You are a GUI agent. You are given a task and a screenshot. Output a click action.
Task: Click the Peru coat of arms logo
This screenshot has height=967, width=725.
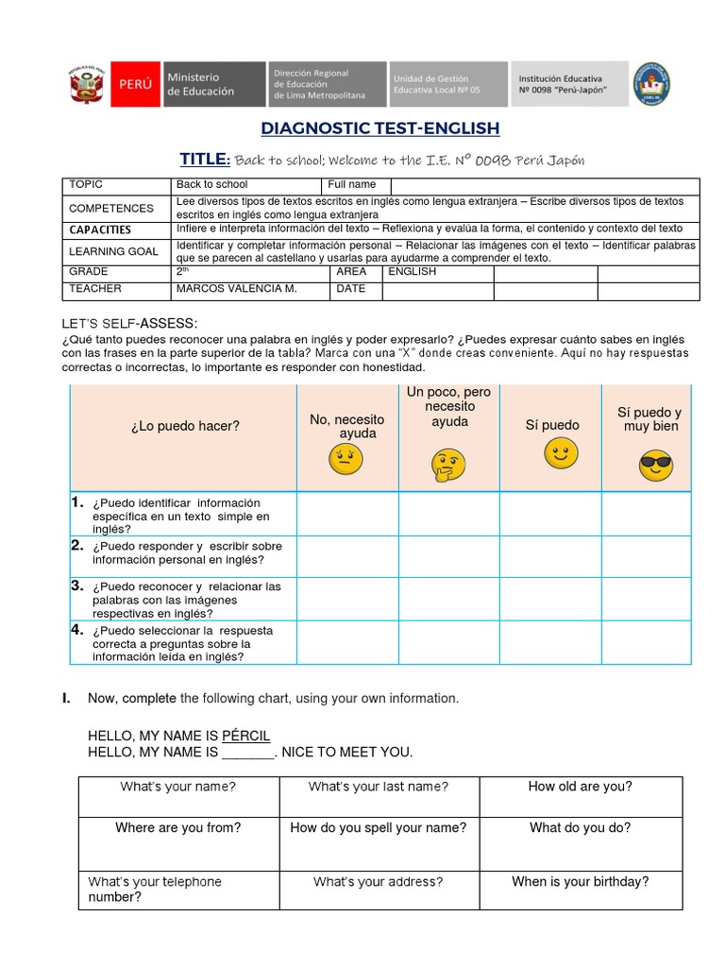click(x=86, y=84)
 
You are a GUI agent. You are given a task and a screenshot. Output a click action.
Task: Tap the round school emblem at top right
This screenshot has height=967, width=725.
click(x=650, y=84)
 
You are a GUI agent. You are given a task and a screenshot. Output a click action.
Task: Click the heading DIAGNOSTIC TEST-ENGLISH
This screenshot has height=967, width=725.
click(x=379, y=127)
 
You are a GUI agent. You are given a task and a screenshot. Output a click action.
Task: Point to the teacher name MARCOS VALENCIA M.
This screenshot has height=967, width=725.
click(x=236, y=289)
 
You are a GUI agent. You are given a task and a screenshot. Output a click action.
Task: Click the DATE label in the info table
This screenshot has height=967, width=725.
click(x=351, y=289)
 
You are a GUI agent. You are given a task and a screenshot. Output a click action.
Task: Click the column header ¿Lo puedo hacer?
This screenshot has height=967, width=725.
click(x=185, y=426)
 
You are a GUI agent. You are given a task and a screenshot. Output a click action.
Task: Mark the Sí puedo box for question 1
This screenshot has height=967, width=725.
click(x=550, y=514)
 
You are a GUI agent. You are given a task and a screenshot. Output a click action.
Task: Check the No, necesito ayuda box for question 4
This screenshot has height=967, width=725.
click(x=347, y=642)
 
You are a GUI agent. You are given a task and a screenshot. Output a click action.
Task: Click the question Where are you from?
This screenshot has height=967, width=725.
click(x=177, y=828)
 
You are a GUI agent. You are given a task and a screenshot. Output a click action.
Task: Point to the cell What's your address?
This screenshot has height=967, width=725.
click(x=378, y=882)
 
